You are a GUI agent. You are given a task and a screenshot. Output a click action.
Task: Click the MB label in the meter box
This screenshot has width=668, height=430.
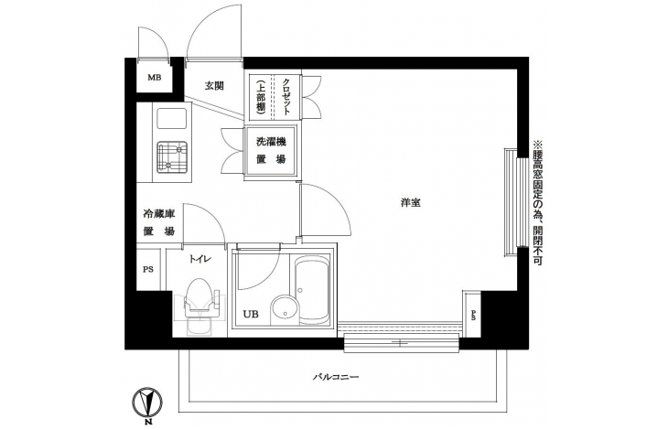coord(155,78)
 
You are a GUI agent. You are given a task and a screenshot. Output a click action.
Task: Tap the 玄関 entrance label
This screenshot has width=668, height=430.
coord(214,86)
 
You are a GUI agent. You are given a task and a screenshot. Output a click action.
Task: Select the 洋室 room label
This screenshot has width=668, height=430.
coord(411,203)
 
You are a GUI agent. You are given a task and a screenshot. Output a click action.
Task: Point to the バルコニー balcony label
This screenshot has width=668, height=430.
coord(336,377)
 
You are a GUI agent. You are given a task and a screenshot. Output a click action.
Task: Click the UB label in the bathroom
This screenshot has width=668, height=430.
coord(251,315)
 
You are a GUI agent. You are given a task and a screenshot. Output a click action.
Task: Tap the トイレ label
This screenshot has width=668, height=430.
coord(200,259)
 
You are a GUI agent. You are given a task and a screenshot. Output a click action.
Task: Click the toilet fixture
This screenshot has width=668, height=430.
coord(200,306)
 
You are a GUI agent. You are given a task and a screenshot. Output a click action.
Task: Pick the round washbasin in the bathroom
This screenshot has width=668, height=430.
coord(285,308)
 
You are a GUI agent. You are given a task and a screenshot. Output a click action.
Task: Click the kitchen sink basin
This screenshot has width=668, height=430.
coord(172,118)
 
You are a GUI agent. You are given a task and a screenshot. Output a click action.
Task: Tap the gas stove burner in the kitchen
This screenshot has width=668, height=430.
coord(172,157)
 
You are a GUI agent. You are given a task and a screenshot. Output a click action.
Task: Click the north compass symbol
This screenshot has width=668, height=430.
coord(147,402)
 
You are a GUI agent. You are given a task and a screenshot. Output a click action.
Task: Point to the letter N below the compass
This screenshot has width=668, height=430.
coord(148,423)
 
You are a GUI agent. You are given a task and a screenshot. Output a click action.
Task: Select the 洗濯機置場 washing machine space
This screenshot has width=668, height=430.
coord(271,151)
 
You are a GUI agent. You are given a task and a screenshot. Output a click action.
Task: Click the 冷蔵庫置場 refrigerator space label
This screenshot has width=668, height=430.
coord(158,222)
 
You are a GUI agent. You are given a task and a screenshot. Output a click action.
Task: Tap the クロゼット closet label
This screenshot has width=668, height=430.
coord(286,97)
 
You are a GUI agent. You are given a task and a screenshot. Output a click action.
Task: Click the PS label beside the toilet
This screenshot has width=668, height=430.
coord(148,270)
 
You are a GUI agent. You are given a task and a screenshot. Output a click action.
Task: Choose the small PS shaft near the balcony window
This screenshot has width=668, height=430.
coord(472,314)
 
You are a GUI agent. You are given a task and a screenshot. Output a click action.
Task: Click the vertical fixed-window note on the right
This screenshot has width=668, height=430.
coord(537,203)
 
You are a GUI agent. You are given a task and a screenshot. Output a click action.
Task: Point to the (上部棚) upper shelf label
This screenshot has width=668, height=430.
coord(261,97)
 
